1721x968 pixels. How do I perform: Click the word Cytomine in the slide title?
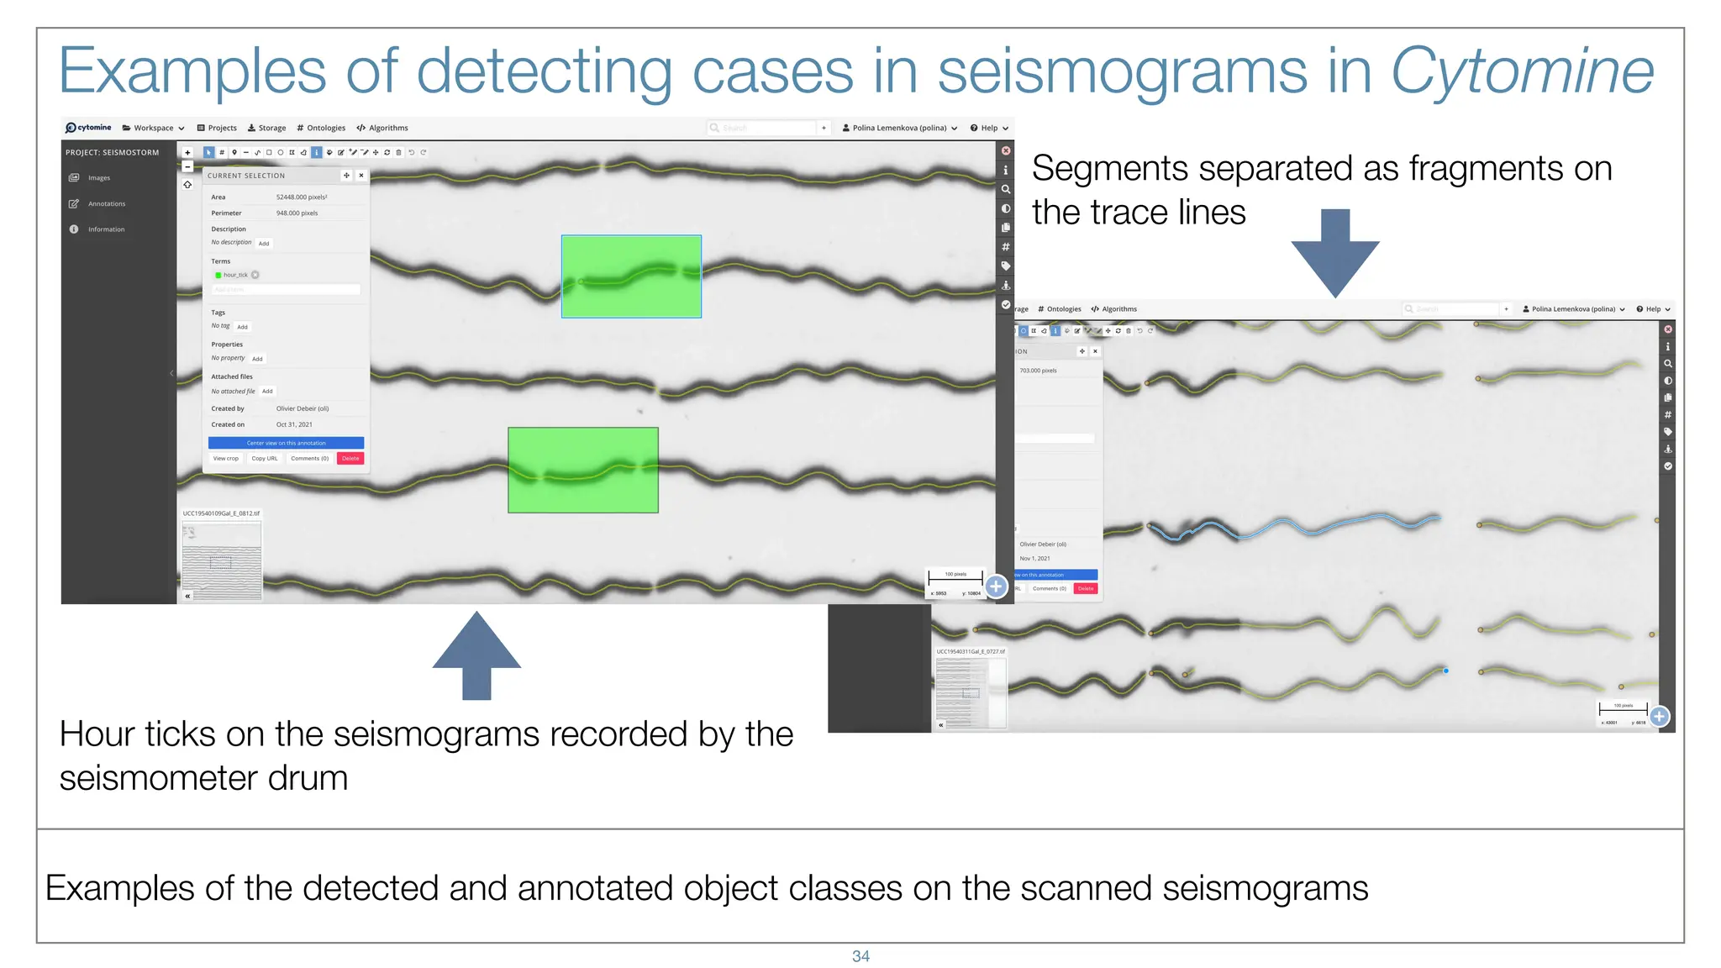click(x=1521, y=72)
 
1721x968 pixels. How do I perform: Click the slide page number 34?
click(x=860, y=956)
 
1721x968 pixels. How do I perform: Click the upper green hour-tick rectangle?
click(x=631, y=276)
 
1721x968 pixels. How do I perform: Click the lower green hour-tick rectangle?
click(x=582, y=470)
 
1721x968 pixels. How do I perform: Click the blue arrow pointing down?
click(x=1335, y=252)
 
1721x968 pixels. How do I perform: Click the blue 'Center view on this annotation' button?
click(x=286, y=443)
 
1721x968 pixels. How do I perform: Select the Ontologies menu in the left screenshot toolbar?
click(x=321, y=129)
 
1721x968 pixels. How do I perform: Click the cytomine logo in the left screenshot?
click(x=88, y=128)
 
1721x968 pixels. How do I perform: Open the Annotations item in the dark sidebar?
click(x=106, y=204)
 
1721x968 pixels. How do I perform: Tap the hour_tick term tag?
click(x=235, y=275)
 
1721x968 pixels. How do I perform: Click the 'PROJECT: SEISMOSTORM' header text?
click(x=113, y=153)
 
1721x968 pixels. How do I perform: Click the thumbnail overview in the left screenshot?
click(x=222, y=559)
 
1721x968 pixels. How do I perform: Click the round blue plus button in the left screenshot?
click(x=996, y=587)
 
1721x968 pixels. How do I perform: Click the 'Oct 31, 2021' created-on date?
click(x=294, y=425)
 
